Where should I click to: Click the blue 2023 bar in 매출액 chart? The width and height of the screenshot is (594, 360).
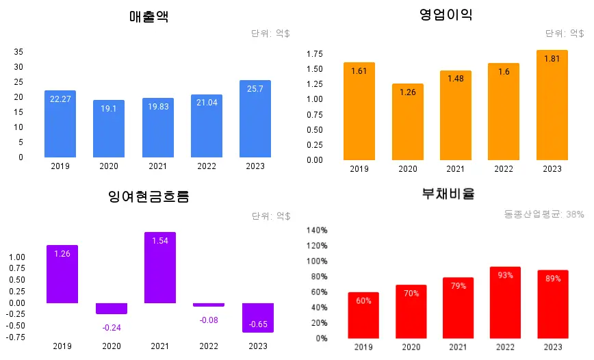(255, 119)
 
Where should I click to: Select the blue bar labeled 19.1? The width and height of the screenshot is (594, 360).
(109, 129)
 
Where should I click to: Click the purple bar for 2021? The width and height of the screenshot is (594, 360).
(160, 268)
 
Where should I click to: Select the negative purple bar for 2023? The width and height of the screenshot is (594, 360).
(258, 318)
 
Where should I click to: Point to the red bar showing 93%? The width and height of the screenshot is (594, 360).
(505, 303)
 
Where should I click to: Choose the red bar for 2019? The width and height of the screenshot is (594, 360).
(363, 315)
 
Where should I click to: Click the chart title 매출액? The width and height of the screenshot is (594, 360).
(148, 17)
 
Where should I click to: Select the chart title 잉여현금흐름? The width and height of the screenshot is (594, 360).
(148, 197)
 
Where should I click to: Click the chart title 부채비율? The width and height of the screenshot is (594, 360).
(448, 194)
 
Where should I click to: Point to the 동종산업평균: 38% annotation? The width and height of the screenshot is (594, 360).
(544, 214)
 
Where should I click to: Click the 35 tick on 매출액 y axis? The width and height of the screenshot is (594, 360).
(18, 52)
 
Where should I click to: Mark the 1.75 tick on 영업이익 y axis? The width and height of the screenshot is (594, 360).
(315, 54)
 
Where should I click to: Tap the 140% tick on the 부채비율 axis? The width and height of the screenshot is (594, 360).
(317, 230)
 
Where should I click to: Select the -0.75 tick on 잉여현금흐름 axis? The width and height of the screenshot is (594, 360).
(16, 337)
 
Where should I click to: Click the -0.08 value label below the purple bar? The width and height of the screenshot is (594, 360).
(209, 320)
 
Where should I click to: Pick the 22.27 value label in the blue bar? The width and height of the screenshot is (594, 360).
(60, 99)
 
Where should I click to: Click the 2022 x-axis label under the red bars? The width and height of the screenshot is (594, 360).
(504, 348)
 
